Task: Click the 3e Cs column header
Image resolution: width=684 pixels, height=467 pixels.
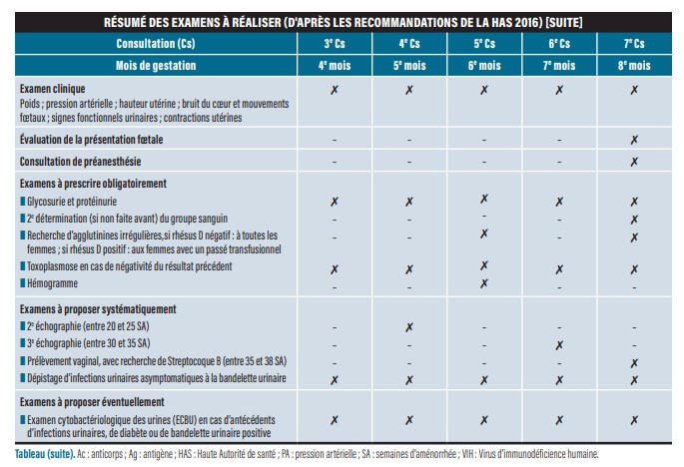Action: tap(335, 45)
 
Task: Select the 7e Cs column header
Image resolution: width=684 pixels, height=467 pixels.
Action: tap(634, 45)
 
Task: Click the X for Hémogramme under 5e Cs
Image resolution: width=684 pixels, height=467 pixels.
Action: tap(484, 283)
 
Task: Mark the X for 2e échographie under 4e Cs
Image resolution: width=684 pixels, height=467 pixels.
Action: tap(409, 327)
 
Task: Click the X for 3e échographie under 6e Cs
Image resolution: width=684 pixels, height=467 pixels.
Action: tap(559, 344)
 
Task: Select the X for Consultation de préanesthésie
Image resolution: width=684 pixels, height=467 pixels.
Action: tap(634, 161)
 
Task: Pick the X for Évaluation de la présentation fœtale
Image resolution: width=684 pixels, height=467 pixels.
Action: tap(634, 140)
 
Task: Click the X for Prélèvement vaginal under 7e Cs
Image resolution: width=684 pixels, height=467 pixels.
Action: tap(634, 361)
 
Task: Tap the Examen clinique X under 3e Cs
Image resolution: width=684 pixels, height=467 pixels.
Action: tap(335, 90)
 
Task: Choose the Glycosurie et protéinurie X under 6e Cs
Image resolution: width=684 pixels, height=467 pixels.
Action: tap(559, 202)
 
